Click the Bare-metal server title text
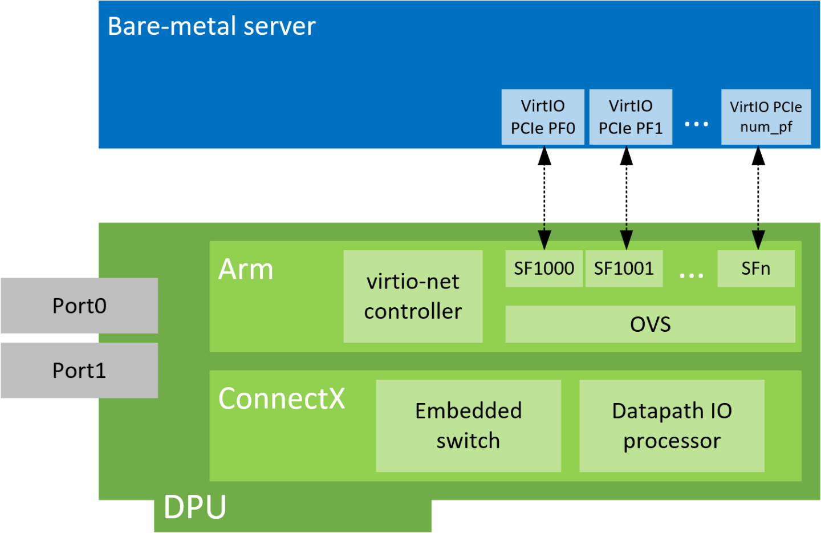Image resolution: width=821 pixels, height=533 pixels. (212, 26)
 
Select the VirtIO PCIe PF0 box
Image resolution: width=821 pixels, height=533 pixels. (543, 117)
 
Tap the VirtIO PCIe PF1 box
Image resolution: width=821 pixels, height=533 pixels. (631, 117)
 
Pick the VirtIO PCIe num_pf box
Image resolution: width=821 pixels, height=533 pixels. (766, 117)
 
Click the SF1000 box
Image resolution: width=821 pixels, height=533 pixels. (544, 268)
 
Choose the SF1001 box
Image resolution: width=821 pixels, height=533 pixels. (624, 268)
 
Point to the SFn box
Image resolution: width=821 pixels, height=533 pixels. (755, 268)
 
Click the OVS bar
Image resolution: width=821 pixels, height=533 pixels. (650, 324)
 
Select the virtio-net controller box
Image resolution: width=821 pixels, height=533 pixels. (413, 296)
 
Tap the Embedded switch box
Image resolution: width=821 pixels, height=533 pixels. (468, 426)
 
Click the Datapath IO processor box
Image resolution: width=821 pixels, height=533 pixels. (672, 426)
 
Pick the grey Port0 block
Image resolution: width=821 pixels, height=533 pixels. (79, 306)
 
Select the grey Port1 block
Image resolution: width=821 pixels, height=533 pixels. (79, 371)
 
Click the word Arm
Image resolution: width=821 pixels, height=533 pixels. (246, 270)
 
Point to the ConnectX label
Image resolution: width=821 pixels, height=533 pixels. (282, 398)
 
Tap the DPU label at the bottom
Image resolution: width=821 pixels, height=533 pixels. (195, 507)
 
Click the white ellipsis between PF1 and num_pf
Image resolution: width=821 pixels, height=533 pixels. (696, 124)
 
